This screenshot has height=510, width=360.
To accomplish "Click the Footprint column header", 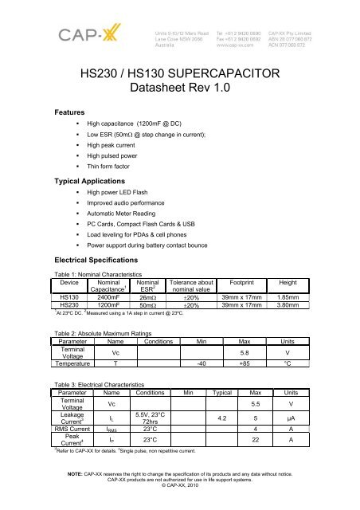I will point(239,281).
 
